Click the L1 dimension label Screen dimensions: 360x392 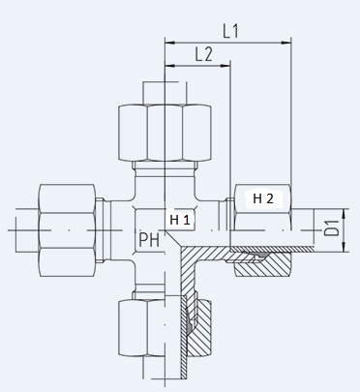[230, 31]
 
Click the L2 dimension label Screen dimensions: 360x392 [204, 54]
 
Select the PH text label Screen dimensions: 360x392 [149, 239]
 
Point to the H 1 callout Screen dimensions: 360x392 [180, 220]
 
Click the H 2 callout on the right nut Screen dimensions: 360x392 [263, 198]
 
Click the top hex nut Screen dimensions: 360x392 [165, 133]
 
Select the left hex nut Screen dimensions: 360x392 [67, 230]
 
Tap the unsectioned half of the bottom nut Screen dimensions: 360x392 [142, 328]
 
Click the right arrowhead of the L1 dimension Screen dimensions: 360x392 [285, 43]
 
